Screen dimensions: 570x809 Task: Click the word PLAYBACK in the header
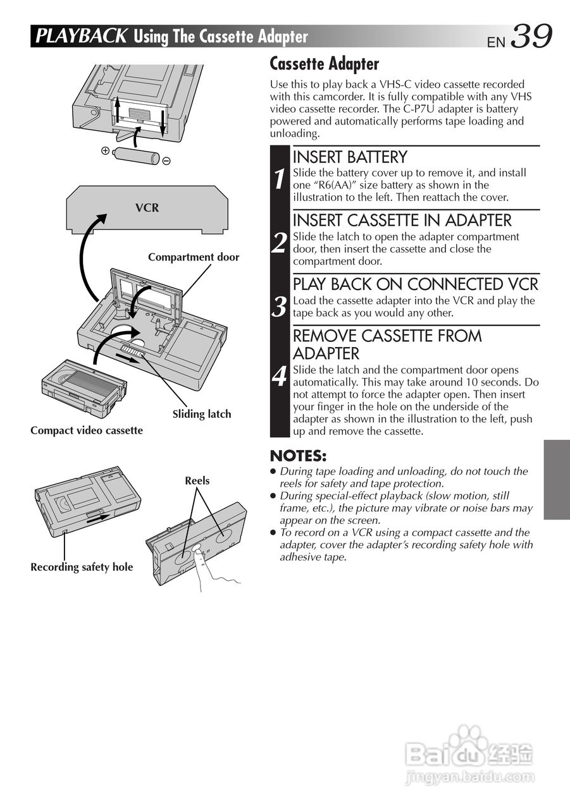[x=81, y=36]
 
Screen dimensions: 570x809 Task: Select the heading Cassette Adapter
[x=324, y=64]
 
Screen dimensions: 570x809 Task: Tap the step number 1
[x=280, y=179]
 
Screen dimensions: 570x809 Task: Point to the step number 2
[x=280, y=243]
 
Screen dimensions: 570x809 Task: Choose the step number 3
[x=280, y=307]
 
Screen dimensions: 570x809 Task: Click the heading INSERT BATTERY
[x=350, y=157]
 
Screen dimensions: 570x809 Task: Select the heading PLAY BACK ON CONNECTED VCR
[x=415, y=284]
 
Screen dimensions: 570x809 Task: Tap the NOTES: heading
[x=298, y=456]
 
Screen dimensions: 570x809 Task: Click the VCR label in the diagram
[x=147, y=208]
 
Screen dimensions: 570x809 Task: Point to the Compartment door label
[x=194, y=257]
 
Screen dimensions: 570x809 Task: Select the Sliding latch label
[x=202, y=414]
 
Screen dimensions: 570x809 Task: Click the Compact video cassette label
[x=87, y=430]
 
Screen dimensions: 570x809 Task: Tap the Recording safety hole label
[x=82, y=567]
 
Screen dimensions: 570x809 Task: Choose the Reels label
[x=197, y=481]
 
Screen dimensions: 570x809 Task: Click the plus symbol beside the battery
[x=105, y=151]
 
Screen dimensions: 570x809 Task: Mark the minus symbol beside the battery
[x=166, y=161]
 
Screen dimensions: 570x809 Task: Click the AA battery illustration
[x=136, y=155]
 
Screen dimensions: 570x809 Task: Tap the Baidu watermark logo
[x=469, y=754]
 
